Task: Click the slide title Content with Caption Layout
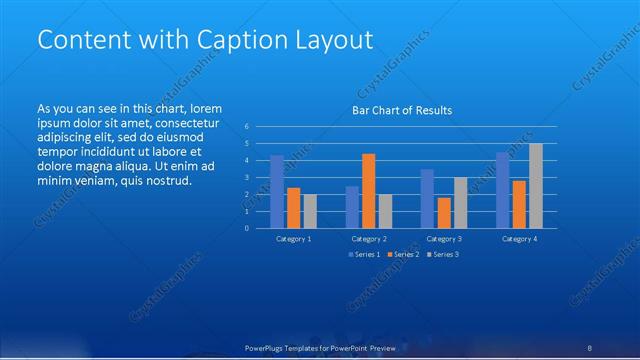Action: click(x=205, y=40)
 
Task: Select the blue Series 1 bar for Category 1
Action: click(x=276, y=191)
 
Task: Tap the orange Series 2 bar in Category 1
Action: click(x=293, y=207)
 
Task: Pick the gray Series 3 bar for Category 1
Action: click(x=310, y=211)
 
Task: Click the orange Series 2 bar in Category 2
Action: click(x=368, y=190)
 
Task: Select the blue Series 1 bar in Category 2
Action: click(x=352, y=206)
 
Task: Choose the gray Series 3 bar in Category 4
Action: click(x=536, y=185)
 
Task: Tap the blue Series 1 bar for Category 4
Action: click(x=503, y=190)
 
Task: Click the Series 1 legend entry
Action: click(x=363, y=255)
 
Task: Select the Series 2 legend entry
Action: click(x=403, y=255)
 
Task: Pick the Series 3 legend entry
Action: click(x=443, y=255)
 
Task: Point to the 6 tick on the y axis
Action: click(x=247, y=127)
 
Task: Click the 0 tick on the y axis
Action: click(x=247, y=227)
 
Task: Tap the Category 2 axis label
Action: click(x=369, y=239)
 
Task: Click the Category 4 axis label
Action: click(x=519, y=239)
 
